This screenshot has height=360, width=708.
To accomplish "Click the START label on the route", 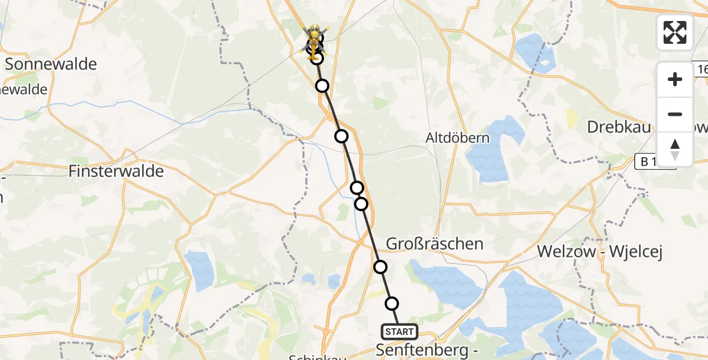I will pos(399,332).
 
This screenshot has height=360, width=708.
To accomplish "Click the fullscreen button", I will pos(675,32).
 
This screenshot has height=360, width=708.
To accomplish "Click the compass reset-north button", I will pos(675,149).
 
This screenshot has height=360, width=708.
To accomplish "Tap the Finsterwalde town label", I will pos(116,172).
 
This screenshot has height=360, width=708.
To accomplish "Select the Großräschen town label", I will pos(434,244).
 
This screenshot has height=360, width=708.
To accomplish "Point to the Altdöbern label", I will pos(457,138).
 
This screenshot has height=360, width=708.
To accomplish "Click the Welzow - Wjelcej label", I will pos(599,252).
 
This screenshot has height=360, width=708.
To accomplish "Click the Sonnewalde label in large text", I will pos(51,64).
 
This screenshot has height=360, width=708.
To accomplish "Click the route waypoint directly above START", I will pos(391,304).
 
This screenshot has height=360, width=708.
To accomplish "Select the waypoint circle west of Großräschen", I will pos(380,267).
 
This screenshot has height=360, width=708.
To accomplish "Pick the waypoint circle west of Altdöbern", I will pos(341,136).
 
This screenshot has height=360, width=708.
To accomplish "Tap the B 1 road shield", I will pos(653,161).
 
